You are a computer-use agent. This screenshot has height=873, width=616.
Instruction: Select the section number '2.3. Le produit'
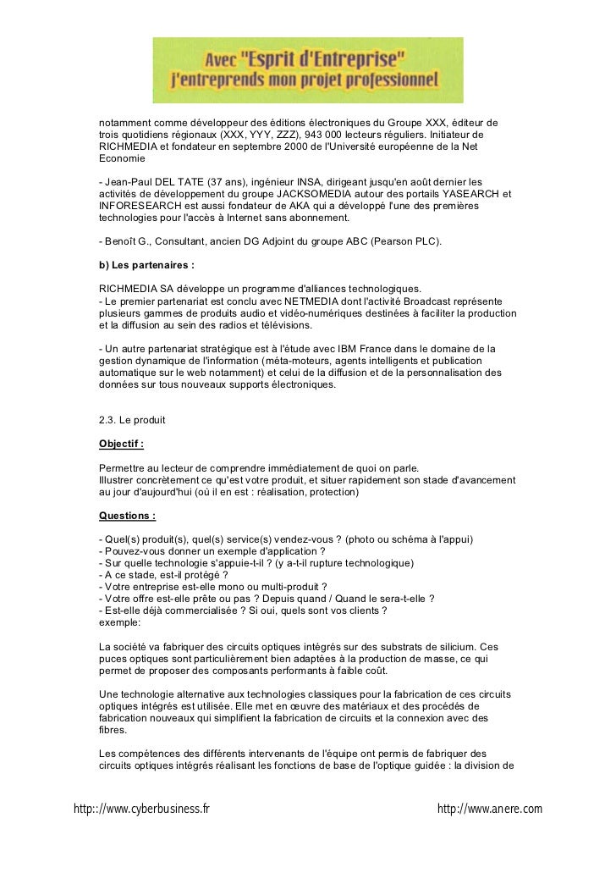[x=132, y=420]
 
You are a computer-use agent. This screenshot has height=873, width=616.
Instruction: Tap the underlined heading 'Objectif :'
[x=122, y=444]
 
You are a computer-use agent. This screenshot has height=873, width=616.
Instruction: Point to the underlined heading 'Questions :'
[x=128, y=516]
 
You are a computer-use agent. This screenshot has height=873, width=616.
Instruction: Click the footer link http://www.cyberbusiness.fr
[x=141, y=809]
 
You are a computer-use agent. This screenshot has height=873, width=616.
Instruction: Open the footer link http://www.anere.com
[x=489, y=809]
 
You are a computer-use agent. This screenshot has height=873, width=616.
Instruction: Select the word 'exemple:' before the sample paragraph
[x=120, y=623]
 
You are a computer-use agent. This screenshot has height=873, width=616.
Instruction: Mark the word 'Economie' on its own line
[x=123, y=158]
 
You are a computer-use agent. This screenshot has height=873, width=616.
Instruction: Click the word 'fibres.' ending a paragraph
[x=114, y=730]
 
